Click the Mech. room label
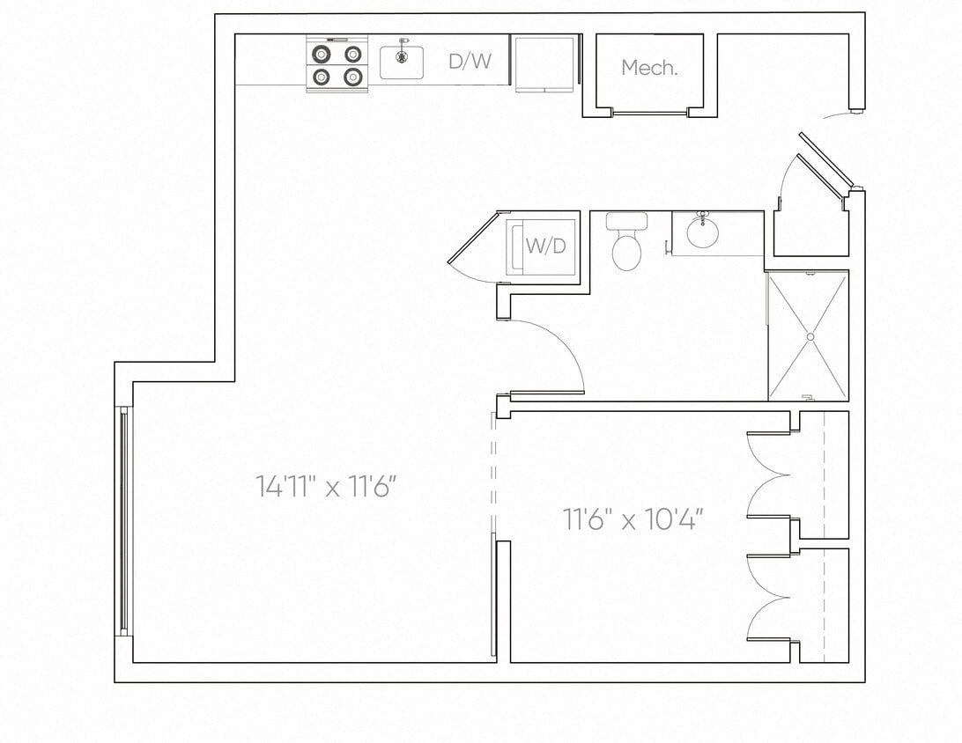(x=649, y=68)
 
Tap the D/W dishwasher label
(x=470, y=61)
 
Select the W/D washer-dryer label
(x=545, y=246)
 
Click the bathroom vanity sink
(x=703, y=234)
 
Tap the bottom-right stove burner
(x=352, y=77)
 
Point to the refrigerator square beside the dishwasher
(x=544, y=63)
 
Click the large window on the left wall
(x=123, y=521)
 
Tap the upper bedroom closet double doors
(x=768, y=475)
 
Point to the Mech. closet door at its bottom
(x=649, y=113)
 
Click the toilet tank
(x=626, y=221)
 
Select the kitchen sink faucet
(x=403, y=41)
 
